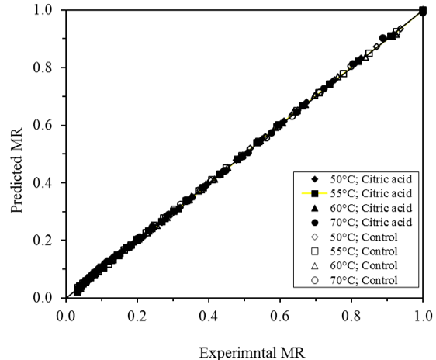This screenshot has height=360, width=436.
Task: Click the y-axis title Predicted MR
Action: pos(16,154)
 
